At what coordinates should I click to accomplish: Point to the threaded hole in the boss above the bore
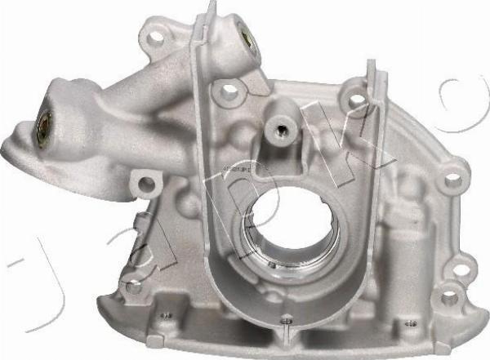(x=283, y=127)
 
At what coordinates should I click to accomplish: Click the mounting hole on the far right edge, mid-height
(x=452, y=173)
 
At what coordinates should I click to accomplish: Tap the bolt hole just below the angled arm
(x=147, y=182)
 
